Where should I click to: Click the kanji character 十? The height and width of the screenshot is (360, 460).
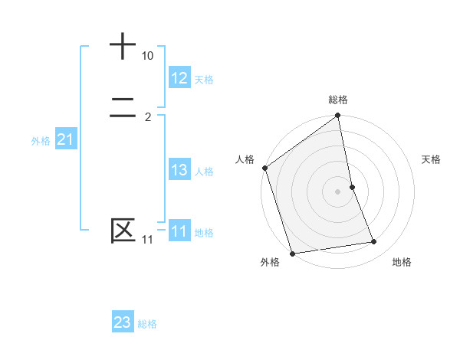point(123,46)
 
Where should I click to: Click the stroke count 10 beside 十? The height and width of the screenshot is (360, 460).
point(147,56)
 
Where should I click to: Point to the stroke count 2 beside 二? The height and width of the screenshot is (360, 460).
point(147,117)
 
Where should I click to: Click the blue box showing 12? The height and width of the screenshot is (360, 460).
point(179,78)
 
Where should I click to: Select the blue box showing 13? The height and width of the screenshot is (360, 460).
point(179,170)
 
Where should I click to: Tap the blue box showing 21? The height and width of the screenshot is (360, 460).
point(65,139)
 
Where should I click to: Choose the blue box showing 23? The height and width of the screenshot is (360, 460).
point(123,322)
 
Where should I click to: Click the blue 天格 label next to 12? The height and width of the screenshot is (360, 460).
point(204,80)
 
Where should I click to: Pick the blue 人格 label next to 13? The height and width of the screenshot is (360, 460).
point(204,172)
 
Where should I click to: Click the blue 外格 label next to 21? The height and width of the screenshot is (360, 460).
point(41,141)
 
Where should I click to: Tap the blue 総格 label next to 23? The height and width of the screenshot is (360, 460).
point(147,324)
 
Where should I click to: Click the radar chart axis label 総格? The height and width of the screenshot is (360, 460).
point(338,100)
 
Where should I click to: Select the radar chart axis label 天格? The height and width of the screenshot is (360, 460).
point(432,159)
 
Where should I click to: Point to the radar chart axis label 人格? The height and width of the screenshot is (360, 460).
point(245,159)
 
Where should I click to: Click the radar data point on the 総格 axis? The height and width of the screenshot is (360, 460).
point(338,116)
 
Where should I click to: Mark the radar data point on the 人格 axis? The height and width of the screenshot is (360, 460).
point(265,168)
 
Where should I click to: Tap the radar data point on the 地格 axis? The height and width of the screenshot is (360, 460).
point(374,242)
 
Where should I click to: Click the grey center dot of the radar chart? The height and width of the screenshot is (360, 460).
point(338,191)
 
